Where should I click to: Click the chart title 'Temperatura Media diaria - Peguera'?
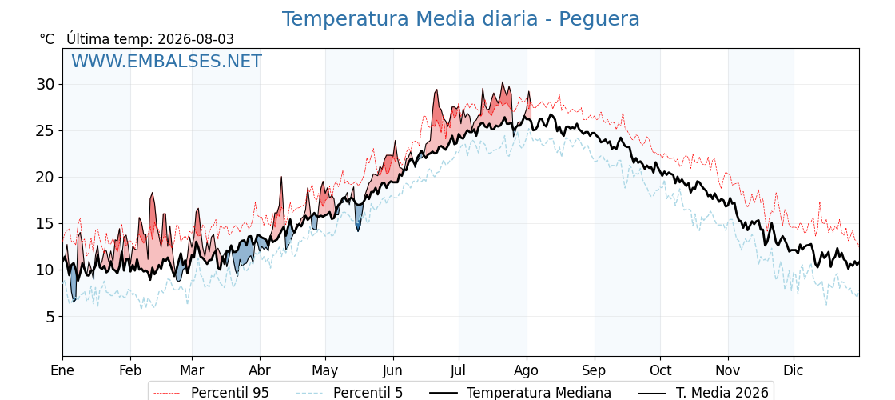tap(460, 19)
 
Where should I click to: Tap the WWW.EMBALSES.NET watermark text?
tap(167, 61)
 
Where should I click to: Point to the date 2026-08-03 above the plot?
tap(196, 39)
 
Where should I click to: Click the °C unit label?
tap(47, 39)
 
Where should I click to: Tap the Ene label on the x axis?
tap(63, 370)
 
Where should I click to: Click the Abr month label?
tap(260, 370)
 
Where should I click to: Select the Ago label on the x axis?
tap(527, 370)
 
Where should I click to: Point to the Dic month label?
tap(794, 370)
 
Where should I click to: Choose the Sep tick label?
tap(595, 370)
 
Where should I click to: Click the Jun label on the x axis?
tap(392, 370)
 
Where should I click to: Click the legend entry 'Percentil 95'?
tap(230, 393)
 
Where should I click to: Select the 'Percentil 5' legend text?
tap(368, 393)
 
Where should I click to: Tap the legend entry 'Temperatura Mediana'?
tap(539, 393)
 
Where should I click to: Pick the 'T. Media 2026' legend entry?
tap(722, 393)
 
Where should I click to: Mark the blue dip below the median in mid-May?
tap(358, 217)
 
